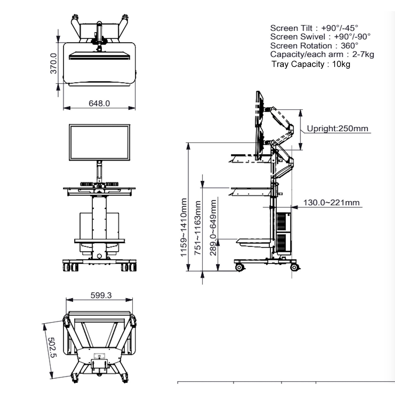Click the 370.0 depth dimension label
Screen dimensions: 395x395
(x=53, y=63)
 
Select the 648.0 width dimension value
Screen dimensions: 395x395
(x=99, y=103)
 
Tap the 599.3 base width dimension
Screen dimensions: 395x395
(x=101, y=295)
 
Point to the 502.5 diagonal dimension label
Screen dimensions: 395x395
(x=52, y=348)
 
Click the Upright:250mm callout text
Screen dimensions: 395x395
(x=337, y=129)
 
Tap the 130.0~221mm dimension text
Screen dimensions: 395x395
(x=331, y=203)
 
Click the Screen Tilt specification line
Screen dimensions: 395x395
(x=314, y=28)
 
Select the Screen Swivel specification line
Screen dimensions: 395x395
(x=320, y=37)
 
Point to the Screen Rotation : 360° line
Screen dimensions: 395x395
(x=314, y=46)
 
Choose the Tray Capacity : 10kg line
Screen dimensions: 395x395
(x=311, y=64)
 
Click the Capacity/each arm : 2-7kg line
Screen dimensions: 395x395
(x=322, y=55)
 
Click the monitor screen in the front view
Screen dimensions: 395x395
(x=100, y=142)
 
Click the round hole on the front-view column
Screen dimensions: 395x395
(x=99, y=256)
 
